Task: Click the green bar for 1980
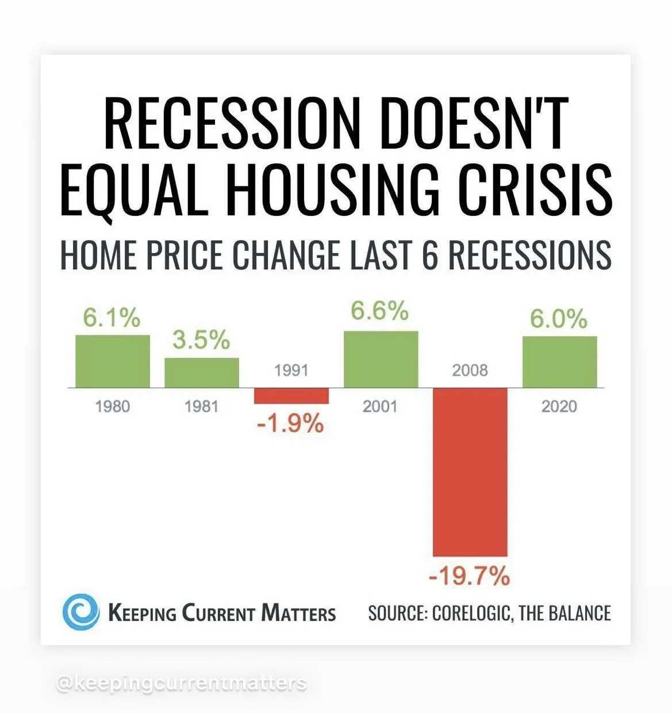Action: (113, 361)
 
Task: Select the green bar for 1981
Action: (202, 373)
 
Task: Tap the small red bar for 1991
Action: (291, 396)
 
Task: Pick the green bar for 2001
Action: (381, 359)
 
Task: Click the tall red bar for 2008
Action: (470, 472)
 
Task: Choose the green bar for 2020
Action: (560, 362)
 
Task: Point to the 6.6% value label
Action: (379, 311)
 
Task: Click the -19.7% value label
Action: (469, 575)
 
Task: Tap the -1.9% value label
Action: (290, 424)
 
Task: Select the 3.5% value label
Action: (201, 340)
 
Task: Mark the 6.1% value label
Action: (112, 318)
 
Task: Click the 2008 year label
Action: (470, 370)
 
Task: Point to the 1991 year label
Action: (291, 370)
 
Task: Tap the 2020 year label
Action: (559, 406)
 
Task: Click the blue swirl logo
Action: (81, 612)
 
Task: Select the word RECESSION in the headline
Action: (232, 123)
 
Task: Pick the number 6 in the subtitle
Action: (429, 255)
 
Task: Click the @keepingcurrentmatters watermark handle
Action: (182, 683)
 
